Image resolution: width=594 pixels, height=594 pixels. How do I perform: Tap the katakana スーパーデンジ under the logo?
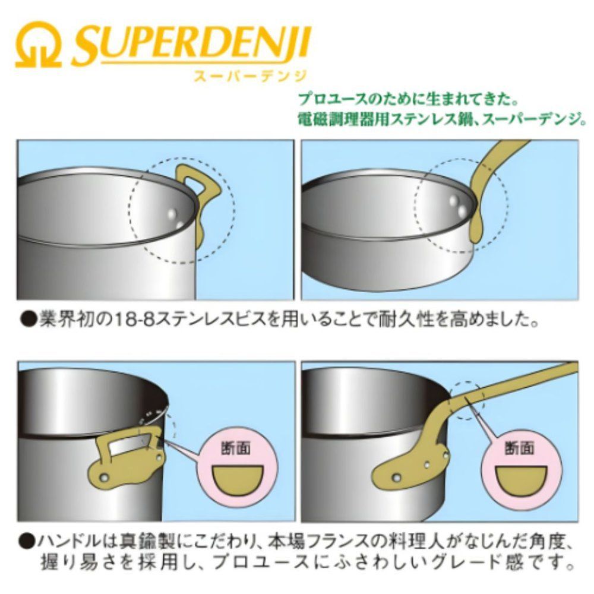250,76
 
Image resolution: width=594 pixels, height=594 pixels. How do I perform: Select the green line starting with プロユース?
409,100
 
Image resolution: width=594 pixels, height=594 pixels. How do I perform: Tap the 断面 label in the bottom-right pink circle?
520,448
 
